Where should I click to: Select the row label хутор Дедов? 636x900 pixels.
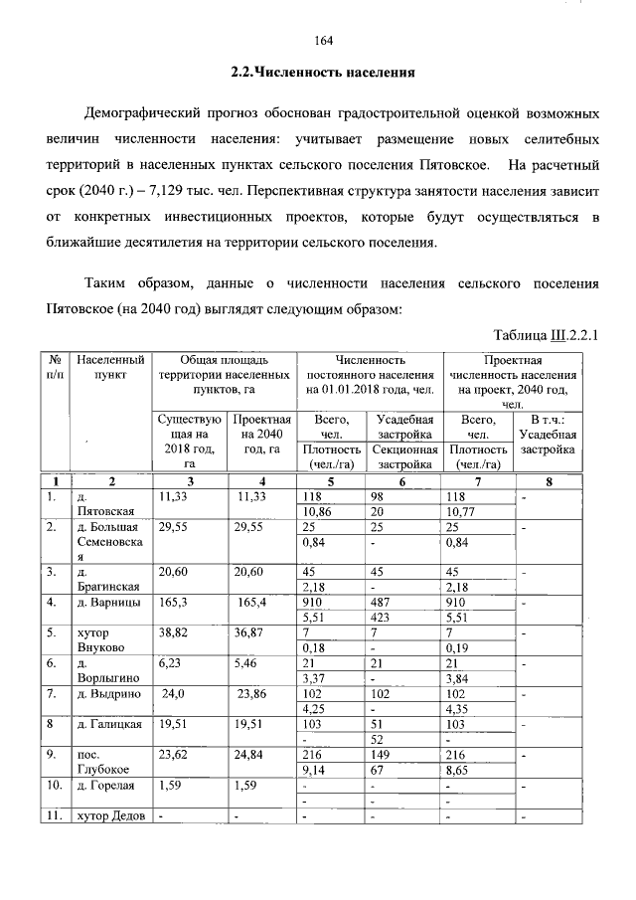point(110,817)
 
